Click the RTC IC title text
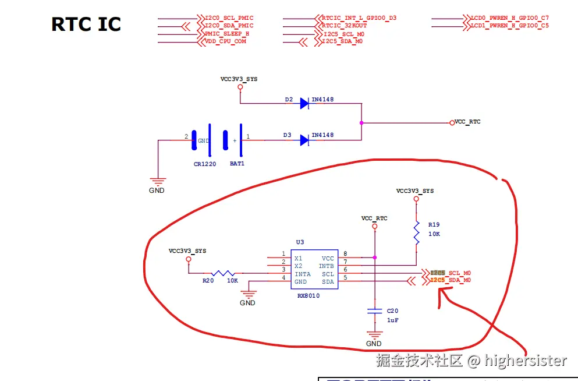(x=86, y=24)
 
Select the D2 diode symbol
(x=304, y=104)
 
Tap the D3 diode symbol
(x=304, y=140)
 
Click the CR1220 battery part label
(x=205, y=164)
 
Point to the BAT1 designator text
(x=237, y=164)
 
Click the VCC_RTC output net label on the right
(x=467, y=122)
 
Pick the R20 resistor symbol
(x=223, y=273)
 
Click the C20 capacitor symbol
(x=375, y=313)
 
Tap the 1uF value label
(x=393, y=320)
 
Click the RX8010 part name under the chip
(x=308, y=296)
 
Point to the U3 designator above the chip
(x=300, y=242)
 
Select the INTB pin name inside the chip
(x=327, y=266)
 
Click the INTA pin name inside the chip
(x=303, y=274)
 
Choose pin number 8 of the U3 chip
(x=345, y=253)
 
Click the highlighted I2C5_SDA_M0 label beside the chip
(x=451, y=280)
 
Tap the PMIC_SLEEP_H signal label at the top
(x=227, y=34)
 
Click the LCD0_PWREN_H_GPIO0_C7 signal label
(x=509, y=18)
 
